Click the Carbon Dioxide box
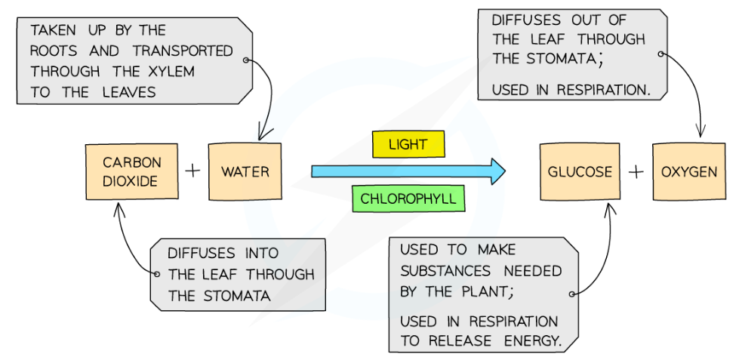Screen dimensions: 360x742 click(x=132, y=172)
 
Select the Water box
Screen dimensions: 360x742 click(x=245, y=172)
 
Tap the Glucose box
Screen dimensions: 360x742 click(x=580, y=172)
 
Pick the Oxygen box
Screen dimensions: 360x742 click(x=688, y=172)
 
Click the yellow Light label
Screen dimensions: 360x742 click(x=408, y=145)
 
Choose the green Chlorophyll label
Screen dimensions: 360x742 click(x=408, y=199)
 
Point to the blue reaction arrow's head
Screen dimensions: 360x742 click(x=496, y=171)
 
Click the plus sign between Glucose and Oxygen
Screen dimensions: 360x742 click(x=636, y=172)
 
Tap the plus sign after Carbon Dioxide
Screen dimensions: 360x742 click(x=192, y=171)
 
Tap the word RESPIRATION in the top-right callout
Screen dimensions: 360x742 click(x=603, y=90)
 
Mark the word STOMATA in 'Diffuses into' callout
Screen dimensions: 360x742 click(x=236, y=296)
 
